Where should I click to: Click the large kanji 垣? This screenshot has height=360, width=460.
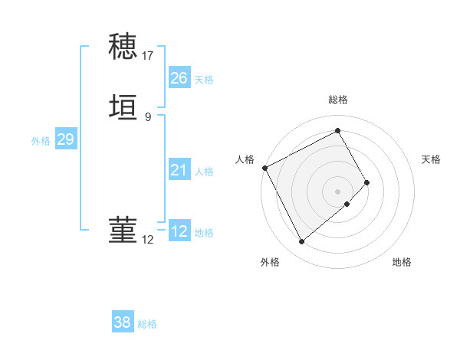(x=123, y=108)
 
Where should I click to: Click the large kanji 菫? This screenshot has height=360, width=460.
(x=123, y=229)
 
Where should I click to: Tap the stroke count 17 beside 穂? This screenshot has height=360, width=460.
(x=148, y=56)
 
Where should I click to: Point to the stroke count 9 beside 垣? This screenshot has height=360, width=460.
(x=148, y=117)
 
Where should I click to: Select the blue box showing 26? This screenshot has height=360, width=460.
(x=179, y=78)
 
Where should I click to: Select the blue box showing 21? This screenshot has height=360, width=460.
(x=179, y=170)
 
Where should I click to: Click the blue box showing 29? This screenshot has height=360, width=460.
(x=65, y=139)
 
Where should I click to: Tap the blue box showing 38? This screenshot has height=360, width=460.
(x=123, y=322)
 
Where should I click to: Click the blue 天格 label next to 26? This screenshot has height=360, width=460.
(x=204, y=80)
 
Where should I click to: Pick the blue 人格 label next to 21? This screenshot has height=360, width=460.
(x=204, y=172)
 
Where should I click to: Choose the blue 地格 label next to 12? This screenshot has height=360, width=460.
(x=204, y=233)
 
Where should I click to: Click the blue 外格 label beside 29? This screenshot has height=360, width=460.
(x=41, y=141)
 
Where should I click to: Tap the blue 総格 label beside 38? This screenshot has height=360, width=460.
(x=148, y=324)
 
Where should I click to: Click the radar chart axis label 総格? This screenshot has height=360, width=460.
(x=338, y=100)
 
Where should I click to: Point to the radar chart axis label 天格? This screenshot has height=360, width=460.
(x=432, y=159)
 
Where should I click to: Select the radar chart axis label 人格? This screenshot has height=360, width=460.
(x=245, y=159)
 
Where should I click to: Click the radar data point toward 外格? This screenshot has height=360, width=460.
(x=301, y=242)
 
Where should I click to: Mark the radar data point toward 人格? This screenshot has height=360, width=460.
(x=264, y=168)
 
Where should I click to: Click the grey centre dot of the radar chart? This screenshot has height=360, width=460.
(x=338, y=191)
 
